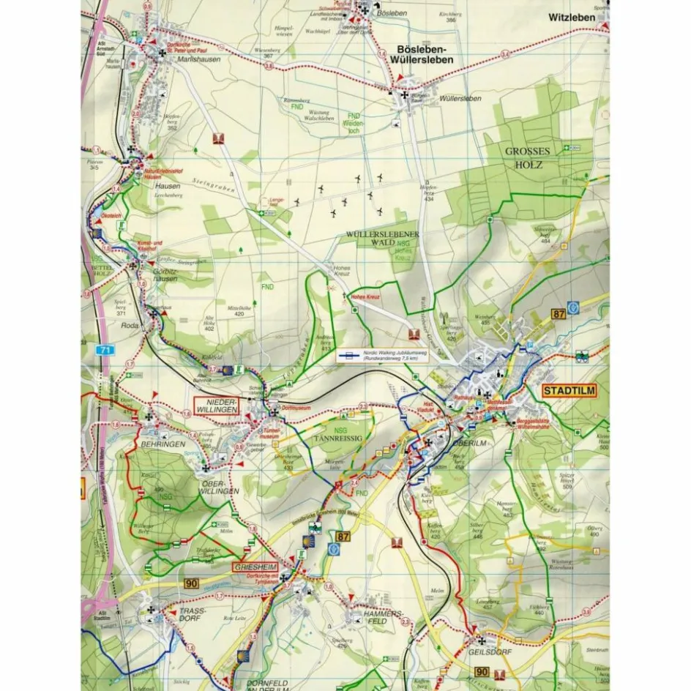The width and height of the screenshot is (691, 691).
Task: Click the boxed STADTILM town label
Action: point(570,391)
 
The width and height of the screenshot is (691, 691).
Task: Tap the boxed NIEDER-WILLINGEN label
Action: point(216,406)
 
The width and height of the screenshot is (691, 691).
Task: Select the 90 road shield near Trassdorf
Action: point(192,583)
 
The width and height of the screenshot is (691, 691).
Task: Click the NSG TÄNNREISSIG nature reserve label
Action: point(339,435)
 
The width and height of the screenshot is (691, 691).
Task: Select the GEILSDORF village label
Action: point(487,649)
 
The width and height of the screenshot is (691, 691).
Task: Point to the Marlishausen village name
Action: point(199,60)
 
